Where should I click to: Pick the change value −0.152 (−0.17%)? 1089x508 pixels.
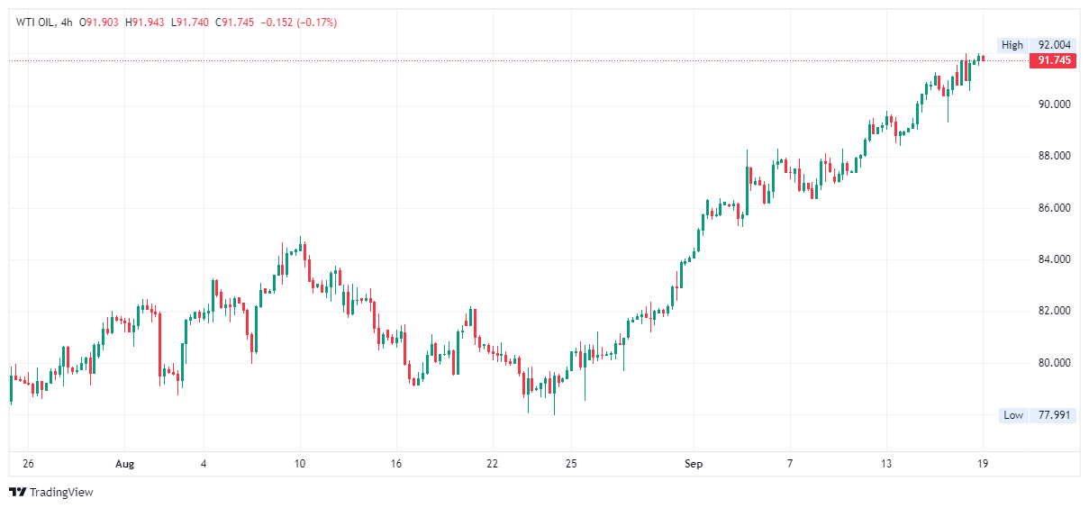[298, 22]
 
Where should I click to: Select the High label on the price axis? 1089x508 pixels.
[1012, 45]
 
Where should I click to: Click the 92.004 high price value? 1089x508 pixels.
[1055, 45]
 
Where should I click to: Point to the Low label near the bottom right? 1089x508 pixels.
[1013, 415]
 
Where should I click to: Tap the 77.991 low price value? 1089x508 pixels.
[1055, 415]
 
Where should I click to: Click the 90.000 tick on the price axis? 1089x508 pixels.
[1054, 104]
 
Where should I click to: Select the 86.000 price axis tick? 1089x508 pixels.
[1054, 208]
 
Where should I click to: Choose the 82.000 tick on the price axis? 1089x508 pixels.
[1054, 312]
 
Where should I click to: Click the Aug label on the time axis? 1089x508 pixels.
[124, 465]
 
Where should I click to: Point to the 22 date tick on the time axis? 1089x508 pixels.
[492, 465]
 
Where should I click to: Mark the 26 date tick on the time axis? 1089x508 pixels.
[28, 465]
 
